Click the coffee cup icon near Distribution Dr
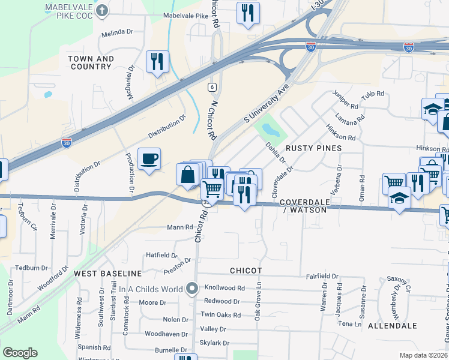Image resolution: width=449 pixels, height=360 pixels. pyautogui.click(x=149, y=159)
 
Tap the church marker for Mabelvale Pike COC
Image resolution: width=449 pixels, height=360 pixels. pyautogui.click(x=103, y=10)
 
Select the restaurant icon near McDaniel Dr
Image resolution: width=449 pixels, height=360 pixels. pyautogui.click(x=157, y=61)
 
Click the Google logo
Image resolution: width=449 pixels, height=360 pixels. pyautogui.click(x=20, y=353)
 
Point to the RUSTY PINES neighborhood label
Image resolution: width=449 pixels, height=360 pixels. pyautogui.click(x=313, y=148)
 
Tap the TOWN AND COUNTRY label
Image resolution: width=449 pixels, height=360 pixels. pyautogui.click(x=90, y=62)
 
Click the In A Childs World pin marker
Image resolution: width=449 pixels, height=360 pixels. pyautogui.click(x=192, y=289)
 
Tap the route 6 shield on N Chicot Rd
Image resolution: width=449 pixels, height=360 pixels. pyautogui.click(x=212, y=87)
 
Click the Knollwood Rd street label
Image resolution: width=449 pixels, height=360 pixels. pyautogui.click(x=224, y=288)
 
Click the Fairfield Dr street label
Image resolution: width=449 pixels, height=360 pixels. pyautogui.click(x=322, y=277)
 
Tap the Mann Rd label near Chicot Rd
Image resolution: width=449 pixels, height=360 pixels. pyautogui.click(x=180, y=227)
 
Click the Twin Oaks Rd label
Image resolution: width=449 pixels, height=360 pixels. pyautogui.click(x=220, y=314)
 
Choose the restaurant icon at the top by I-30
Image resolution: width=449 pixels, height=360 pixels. pyautogui.click(x=248, y=13)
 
